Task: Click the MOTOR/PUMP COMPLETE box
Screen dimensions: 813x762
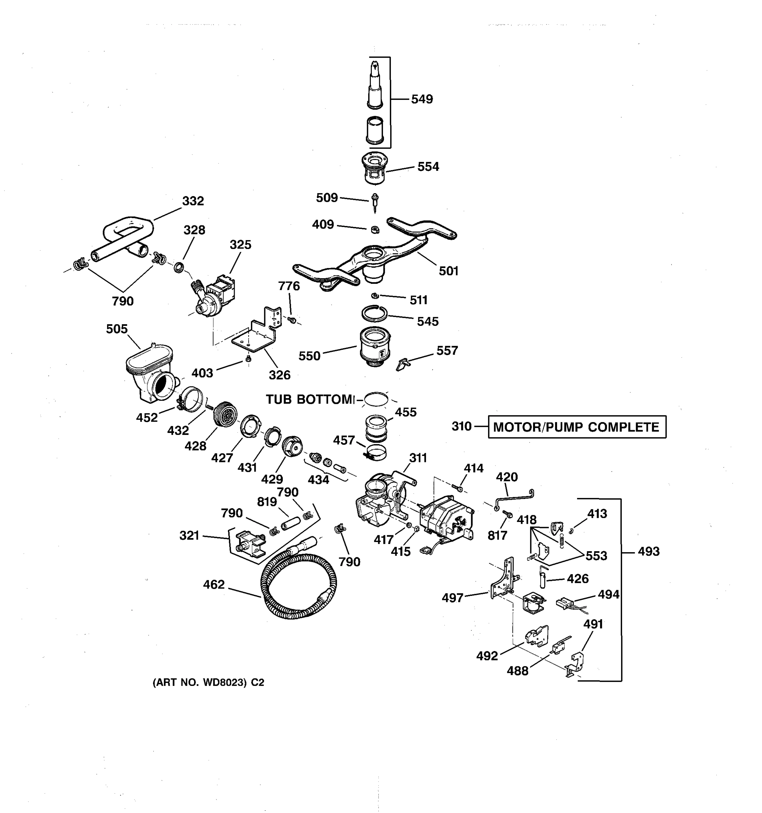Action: (576, 427)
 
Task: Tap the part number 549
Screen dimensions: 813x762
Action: (422, 99)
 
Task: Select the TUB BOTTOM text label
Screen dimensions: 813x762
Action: (310, 399)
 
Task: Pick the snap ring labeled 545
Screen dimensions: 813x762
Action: (374, 314)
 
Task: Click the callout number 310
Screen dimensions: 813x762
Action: (462, 426)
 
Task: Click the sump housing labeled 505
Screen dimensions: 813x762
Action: (149, 374)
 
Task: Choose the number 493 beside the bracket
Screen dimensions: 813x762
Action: (649, 552)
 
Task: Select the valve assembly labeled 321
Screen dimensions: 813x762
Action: (250, 544)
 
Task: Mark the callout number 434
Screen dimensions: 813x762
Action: (318, 480)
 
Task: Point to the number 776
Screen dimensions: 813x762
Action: (289, 286)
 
